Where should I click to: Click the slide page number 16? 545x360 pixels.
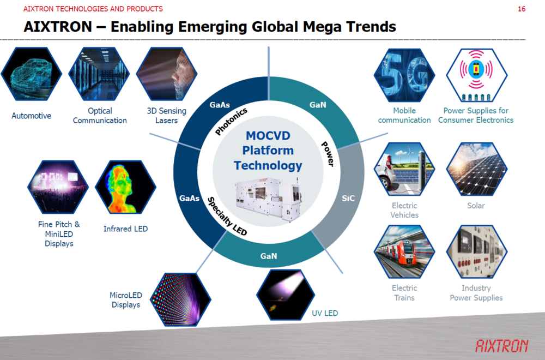[x=522, y=9]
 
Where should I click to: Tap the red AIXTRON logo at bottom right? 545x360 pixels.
[x=501, y=346]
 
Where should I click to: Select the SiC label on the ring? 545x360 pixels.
[x=348, y=198]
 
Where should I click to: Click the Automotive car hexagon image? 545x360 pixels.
[x=31, y=74]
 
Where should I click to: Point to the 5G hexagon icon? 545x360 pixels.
[x=404, y=75]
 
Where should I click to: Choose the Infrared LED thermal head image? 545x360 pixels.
[x=125, y=187]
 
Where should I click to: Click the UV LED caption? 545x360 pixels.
[x=325, y=313]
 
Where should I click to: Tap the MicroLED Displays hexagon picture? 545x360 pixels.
[x=180, y=299]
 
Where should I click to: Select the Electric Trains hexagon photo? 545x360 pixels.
[x=404, y=251]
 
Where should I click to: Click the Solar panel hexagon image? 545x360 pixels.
[x=476, y=169]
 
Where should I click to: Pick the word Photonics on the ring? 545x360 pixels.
[x=231, y=122]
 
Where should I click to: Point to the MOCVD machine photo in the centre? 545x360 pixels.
[x=268, y=199]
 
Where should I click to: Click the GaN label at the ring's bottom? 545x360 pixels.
[x=269, y=256]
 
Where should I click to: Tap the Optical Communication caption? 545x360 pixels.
[x=100, y=116]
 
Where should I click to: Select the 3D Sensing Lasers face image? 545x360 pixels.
[x=167, y=74]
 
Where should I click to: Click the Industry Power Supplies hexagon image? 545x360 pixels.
[x=476, y=251]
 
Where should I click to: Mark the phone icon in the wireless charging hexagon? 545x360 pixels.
[x=476, y=69]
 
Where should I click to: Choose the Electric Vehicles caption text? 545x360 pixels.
[x=404, y=210]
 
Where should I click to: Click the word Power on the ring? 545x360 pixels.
[x=328, y=154]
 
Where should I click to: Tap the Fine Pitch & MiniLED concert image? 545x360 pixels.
[x=58, y=187]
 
